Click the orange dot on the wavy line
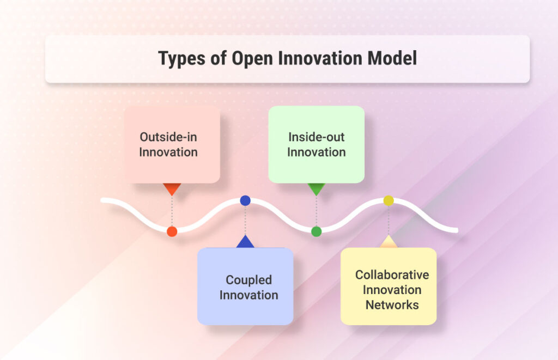click(172, 231)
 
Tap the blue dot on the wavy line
click(245, 200)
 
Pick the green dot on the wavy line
click(316, 231)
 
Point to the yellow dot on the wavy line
click(388, 200)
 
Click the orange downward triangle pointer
click(172, 188)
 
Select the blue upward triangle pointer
click(245, 242)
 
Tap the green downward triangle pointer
click(316, 188)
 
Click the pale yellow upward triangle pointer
click(388, 242)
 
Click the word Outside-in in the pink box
click(168, 137)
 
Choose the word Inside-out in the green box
click(316, 137)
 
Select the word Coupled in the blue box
click(248, 280)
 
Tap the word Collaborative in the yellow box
click(392, 275)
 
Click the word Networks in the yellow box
click(392, 304)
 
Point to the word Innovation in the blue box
click(248, 295)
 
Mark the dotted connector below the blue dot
click(245, 221)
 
